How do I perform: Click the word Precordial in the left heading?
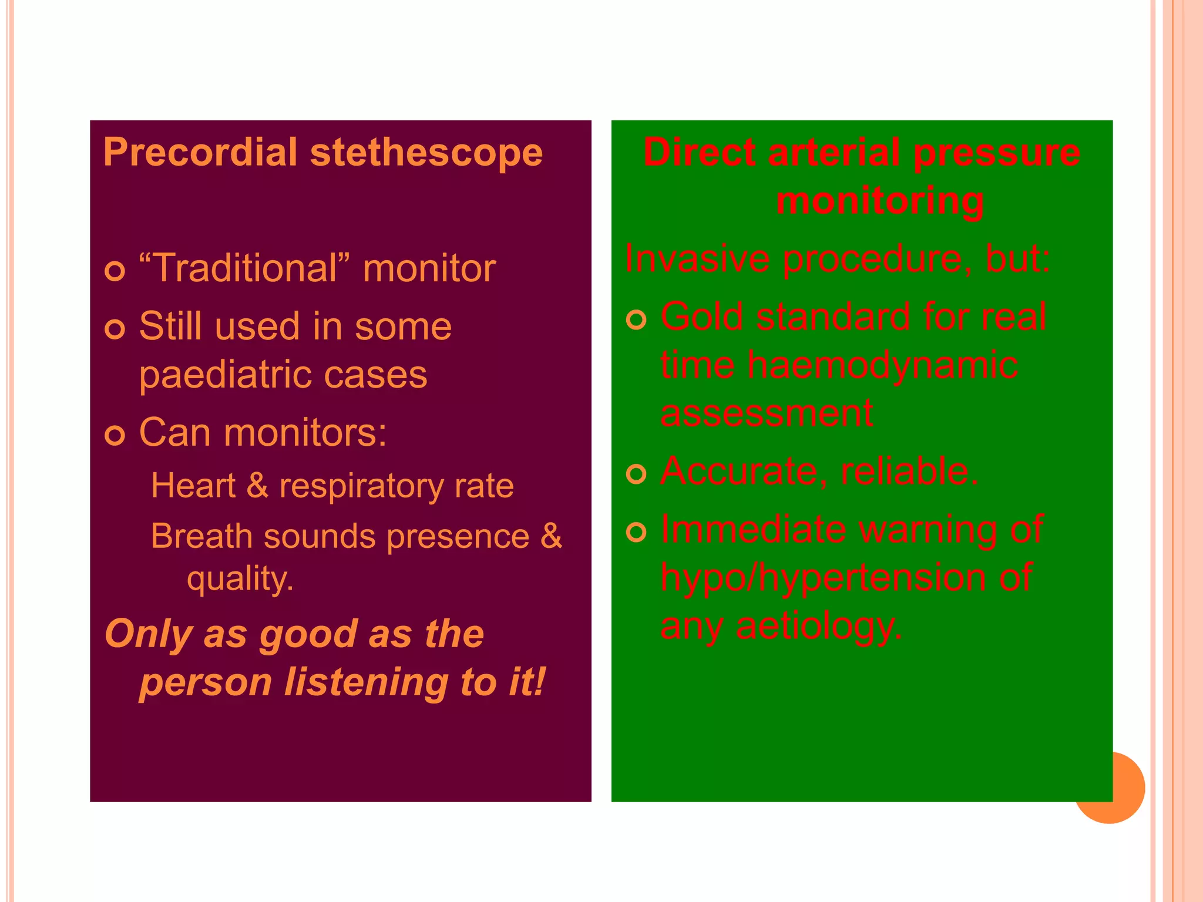200,152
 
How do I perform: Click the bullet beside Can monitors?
115,435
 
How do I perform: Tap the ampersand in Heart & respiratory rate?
257,486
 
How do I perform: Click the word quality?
240,578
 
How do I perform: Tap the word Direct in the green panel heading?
698,152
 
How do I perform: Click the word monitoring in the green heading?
879,200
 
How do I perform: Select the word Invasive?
697,258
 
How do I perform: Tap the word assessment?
767,413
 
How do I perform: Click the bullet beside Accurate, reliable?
636,473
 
